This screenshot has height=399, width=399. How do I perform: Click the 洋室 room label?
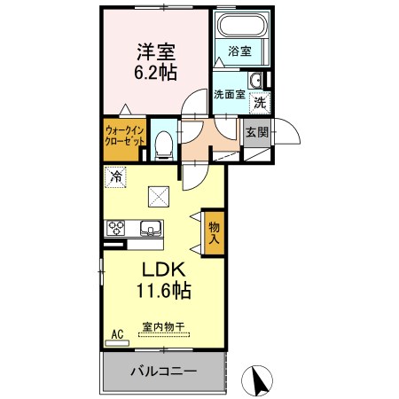pyautogui.click(x=156, y=52)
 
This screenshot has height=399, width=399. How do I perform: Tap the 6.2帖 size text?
pyautogui.click(x=156, y=73)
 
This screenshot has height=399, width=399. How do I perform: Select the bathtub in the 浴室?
pyautogui.click(x=241, y=25)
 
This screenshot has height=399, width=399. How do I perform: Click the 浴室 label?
pyautogui.click(x=239, y=51)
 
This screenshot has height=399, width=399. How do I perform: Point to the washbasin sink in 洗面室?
pyautogui.click(x=255, y=80)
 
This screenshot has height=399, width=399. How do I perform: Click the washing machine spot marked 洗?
pyautogui.click(x=260, y=103)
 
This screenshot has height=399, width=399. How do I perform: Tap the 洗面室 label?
pyautogui.click(x=230, y=95)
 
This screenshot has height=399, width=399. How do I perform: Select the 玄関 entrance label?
pyautogui.click(x=257, y=132)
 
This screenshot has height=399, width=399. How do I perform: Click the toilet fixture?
pyautogui.click(x=163, y=145)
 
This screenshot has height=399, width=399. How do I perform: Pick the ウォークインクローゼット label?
pyautogui.click(x=125, y=136)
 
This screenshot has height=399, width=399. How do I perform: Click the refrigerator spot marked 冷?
pyautogui.click(x=115, y=177)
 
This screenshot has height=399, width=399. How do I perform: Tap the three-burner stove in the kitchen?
pyautogui.click(x=115, y=228)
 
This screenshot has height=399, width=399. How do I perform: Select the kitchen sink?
pyautogui.click(x=151, y=229)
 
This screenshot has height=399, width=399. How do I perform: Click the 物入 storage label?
pyautogui.click(x=215, y=233)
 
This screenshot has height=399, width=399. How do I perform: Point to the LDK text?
pyautogui.click(x=164, y=270)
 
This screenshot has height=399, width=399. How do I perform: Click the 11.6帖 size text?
pyautogui.click(x=163, y=290)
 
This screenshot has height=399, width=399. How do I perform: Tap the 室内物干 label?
pyautogui.click(x=163, y=326)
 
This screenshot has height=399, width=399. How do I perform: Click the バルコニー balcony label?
pyautogui.click(x=163, y=372)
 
